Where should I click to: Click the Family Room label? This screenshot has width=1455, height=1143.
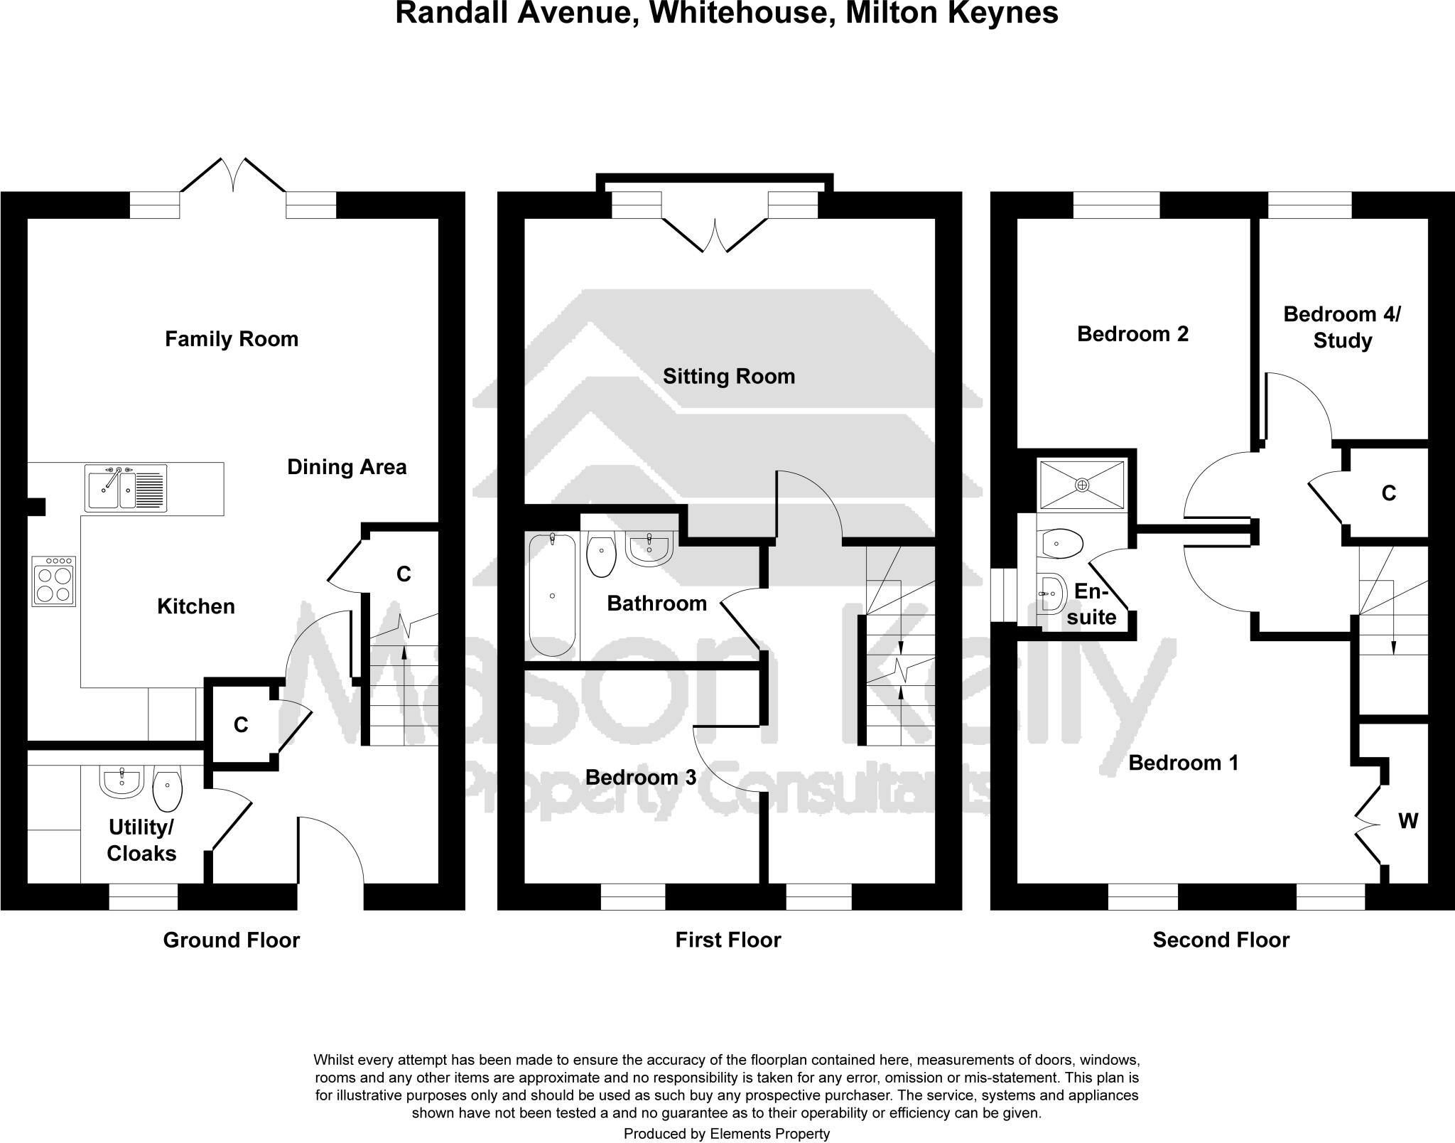tap(232, 339)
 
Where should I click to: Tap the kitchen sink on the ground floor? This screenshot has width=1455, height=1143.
tap(126, 488)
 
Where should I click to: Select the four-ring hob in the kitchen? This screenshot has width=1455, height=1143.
tap(54, 581)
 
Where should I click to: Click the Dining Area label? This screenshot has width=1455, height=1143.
tap(347, 467)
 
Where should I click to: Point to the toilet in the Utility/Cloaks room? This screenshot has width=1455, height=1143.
tap(168, 790)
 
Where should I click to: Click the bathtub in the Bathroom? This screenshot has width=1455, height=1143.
tap(552, 596)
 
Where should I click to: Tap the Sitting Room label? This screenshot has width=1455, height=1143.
tap(729, 376)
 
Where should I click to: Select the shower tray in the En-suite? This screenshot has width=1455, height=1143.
tap(1082, 485)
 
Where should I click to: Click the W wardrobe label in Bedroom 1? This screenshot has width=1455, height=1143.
tap(1407, 822)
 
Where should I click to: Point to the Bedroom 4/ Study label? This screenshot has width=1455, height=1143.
tap(1341, 327)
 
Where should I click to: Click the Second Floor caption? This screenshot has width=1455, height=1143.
tap(1221, 940)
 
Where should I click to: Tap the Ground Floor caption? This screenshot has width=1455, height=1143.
tap(232, 940)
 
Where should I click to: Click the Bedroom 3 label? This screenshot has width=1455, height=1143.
tap(641, 778)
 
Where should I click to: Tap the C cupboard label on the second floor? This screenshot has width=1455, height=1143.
tap(1388, 493)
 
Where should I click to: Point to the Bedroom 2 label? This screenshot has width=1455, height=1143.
tap(1132, 334)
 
